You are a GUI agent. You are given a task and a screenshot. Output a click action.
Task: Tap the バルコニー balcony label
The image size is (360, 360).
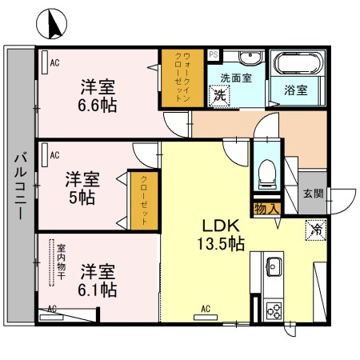19,184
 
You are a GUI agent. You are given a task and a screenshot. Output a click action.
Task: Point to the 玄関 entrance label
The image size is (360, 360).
312,193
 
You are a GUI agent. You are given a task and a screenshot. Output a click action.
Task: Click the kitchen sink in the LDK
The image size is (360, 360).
271,265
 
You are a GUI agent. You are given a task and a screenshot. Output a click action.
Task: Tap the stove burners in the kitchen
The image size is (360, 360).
272,310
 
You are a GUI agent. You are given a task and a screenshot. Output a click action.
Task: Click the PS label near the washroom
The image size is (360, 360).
214,54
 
